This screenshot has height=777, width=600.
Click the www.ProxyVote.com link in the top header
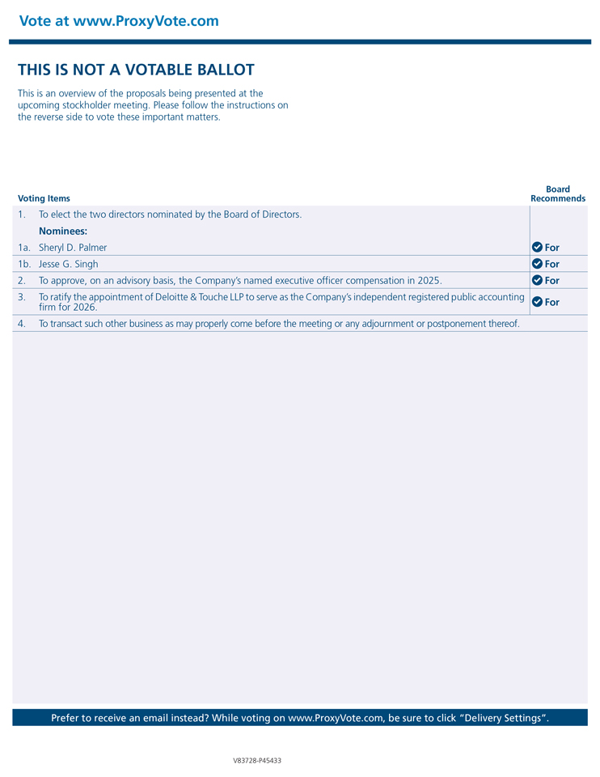[146, 21]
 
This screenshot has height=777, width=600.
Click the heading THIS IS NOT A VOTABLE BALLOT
[136, 70]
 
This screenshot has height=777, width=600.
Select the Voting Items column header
[44, 198]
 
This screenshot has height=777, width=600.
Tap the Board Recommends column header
[558, 194]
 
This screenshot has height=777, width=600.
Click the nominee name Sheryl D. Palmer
[73, 248]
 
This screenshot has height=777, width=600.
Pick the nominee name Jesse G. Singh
[69, 264]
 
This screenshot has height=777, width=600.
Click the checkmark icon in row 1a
[537, 247]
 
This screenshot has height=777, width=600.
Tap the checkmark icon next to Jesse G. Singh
[537, 264]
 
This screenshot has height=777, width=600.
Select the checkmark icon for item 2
[537, 280]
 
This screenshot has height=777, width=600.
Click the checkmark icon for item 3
[537, 302]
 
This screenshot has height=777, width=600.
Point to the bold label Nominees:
[63, 231]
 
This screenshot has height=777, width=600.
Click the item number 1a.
[24, 248]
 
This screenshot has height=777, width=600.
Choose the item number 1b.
[24, 264]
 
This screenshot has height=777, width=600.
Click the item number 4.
[22, 324]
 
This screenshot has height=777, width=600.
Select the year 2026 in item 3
[84, 308]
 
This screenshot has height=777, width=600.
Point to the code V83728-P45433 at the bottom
[257, 761]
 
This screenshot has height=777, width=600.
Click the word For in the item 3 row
[552, 302]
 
